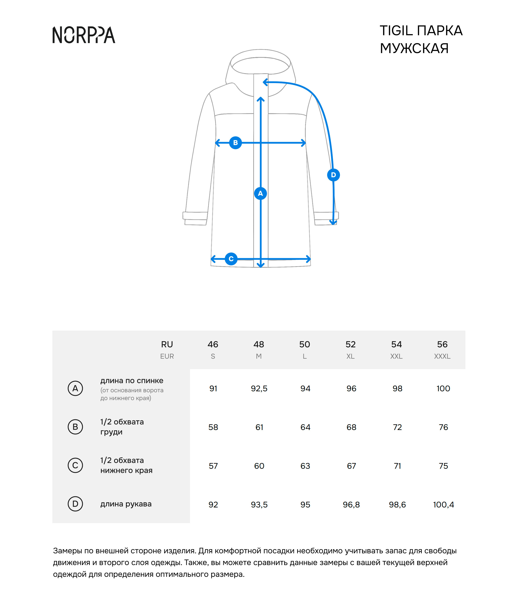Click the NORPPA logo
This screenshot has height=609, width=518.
click(x=84, y=35)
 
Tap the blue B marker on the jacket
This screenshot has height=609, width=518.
click(x=235, y=143)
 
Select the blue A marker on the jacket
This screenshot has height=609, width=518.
click(x=260, y=193)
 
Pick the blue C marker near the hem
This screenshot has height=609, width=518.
click(x=231, y=259)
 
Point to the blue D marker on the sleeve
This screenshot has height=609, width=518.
click(x=333, y=175)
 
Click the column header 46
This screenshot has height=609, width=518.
click(x=213, y=344)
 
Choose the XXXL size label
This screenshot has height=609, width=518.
click(x=442, y=356)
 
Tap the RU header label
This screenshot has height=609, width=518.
click(x=167, y=344)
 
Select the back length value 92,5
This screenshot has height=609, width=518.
click(x=259, y=388)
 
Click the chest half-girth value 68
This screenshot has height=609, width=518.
click(x=351, y=427)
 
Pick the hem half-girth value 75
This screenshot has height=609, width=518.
click(x=443, y=466)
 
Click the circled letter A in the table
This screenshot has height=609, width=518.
click(x=75, y=388)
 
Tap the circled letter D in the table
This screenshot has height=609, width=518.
click(x=75, y=504)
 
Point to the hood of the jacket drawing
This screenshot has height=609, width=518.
click(x=260, y=62)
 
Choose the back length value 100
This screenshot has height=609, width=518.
click(x=443, y=388)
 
